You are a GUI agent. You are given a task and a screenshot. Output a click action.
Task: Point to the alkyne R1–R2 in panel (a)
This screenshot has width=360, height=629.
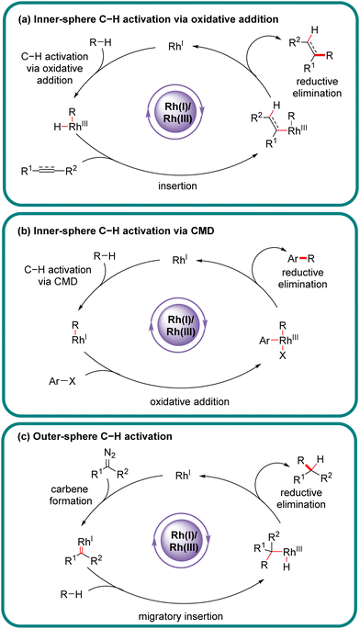pyautogui.click(x=56, y=171)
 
